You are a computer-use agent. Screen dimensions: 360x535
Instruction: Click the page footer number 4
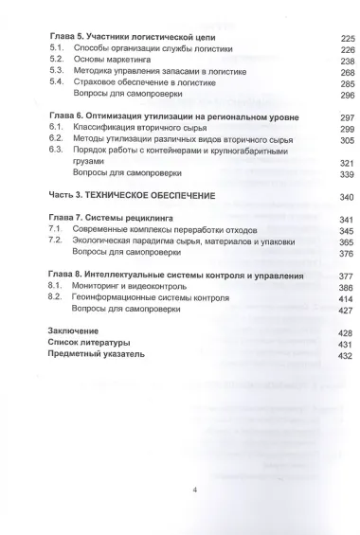[193, 490]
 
